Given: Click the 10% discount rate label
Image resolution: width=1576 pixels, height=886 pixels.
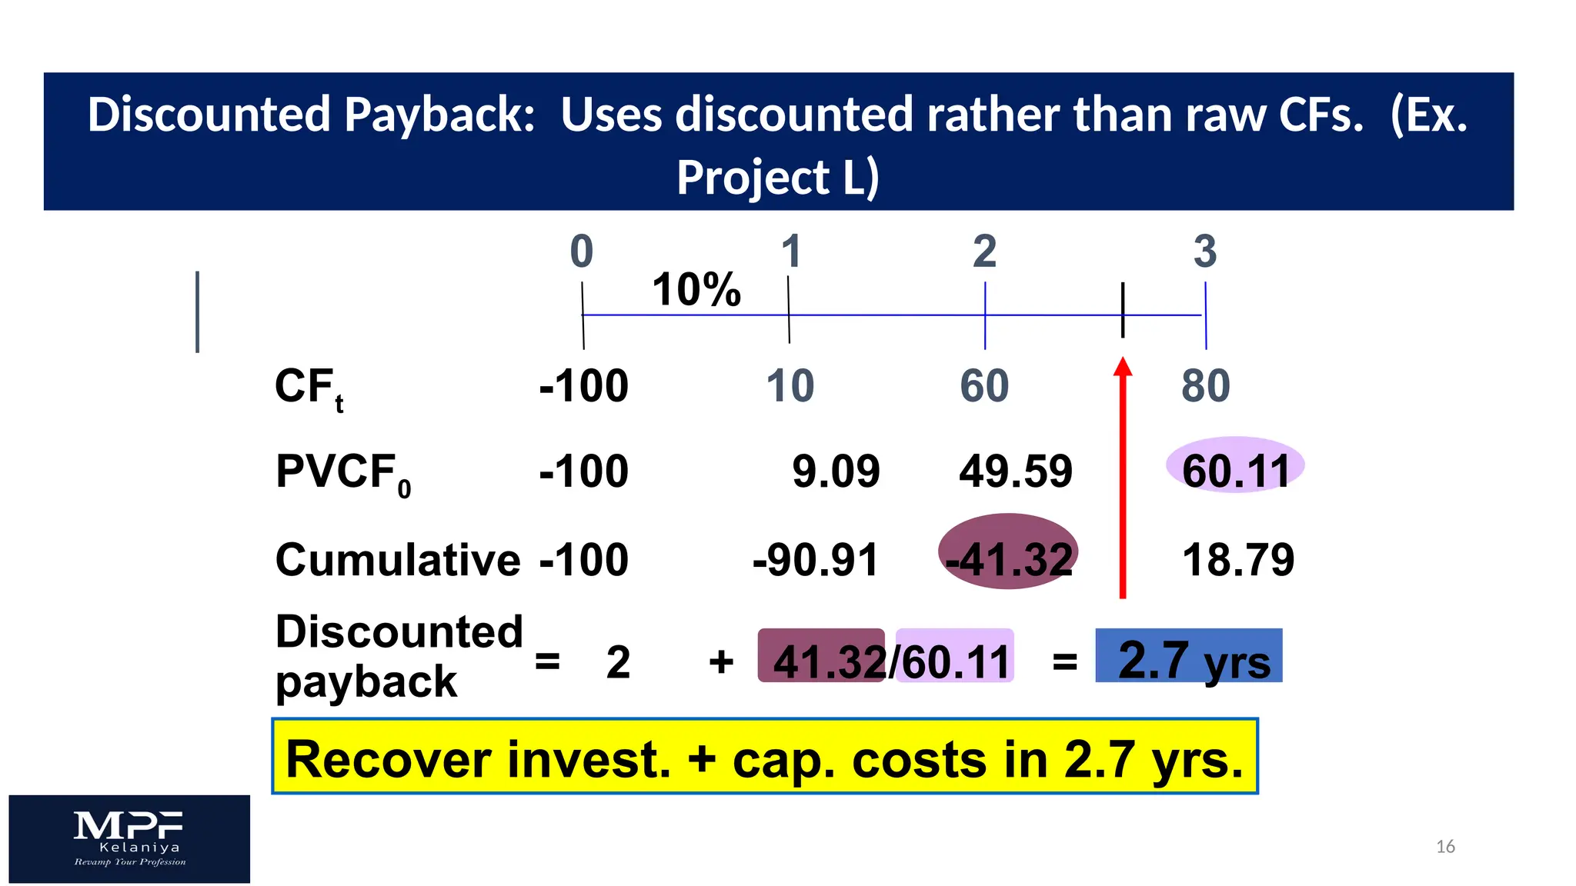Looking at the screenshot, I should tap(696, 290).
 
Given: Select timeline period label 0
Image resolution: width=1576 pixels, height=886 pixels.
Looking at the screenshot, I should tap(582, 251).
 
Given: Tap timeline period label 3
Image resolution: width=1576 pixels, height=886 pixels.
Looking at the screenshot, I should tap(1205, 251).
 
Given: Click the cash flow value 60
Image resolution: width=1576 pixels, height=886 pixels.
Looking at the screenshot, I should tap(984, 386).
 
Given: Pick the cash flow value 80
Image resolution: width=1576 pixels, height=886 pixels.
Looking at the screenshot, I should tap(1206, 386).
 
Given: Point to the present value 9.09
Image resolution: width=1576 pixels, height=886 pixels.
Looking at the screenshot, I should tap(836, 471).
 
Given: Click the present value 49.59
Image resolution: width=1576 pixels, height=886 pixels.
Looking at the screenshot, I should tap(1016, 471).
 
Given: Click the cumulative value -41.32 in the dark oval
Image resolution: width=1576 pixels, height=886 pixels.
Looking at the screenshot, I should tap(1008, 558).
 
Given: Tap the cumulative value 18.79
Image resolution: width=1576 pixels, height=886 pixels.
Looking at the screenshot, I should tap(1238, 559).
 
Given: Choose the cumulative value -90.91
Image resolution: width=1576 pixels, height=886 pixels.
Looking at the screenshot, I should tap(816, 559).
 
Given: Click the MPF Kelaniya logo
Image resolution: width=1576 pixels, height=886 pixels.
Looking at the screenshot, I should tap(129, 838).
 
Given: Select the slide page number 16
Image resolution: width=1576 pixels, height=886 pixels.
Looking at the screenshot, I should tap(1445, 847).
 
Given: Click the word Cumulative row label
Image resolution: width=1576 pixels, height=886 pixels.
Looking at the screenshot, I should tap(398, 559).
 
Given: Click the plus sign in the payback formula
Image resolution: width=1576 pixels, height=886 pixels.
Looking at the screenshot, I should tap(721, 661).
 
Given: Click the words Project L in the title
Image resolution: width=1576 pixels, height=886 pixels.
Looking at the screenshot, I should tap(777, 178).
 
